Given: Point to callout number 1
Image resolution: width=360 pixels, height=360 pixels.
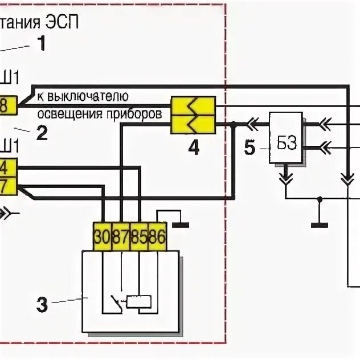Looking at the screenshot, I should [x=41, y=43].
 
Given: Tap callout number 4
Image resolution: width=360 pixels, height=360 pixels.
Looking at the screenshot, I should [x=194, y=148].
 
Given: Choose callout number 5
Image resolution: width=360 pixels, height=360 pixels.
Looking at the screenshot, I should [x=249, y=148].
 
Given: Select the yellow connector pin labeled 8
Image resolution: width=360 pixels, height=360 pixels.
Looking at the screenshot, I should [x=5, y=105].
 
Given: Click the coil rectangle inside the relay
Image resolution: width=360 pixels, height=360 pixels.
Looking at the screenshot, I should [x=138, y=301].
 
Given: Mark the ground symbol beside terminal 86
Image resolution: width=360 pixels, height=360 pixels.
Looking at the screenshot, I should [x=181, y=224].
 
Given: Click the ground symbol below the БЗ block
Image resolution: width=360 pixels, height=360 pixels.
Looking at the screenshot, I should [x=320, y=223].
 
